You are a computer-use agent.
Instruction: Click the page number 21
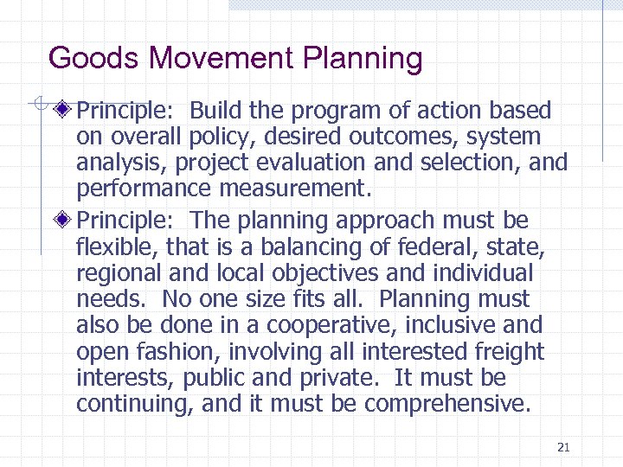click(563, 447)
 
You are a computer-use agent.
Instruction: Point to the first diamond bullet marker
click(63, 111)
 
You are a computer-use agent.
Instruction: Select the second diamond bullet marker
click(63, 221)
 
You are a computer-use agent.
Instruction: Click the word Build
click(216, 111)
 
